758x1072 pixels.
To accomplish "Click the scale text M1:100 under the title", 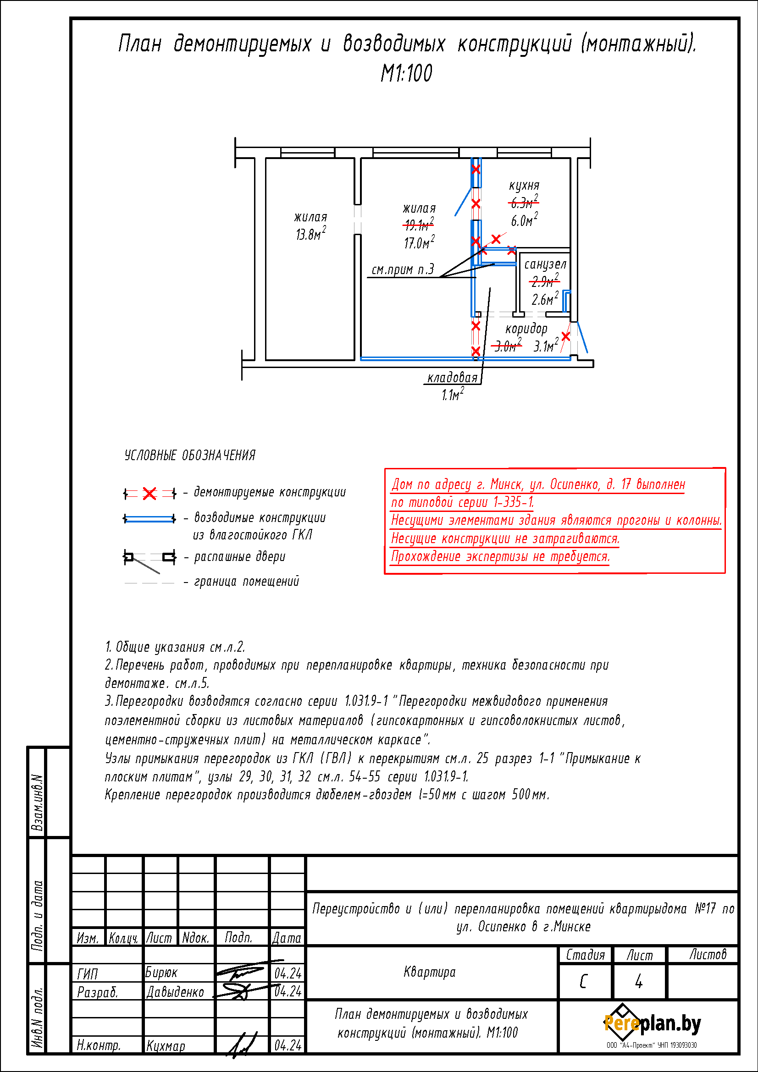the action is click(x=406, y=73).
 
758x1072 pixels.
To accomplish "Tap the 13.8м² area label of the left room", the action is click(x=310, y=233).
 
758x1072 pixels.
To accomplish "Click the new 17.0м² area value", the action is click(x=420, y=242).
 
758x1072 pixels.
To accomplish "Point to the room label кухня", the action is click(x=524, y=185).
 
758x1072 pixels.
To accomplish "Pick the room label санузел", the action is click(x=545, y=265).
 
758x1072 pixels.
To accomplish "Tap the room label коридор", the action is click(x=526, y=329).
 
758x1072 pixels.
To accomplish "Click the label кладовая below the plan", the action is click(x=452, y=378).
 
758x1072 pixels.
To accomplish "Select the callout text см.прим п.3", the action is click(x=403, y=269).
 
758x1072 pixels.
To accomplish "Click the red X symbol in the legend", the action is click(x=149, y=493).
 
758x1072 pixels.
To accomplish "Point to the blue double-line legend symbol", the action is click(x=149, y=519).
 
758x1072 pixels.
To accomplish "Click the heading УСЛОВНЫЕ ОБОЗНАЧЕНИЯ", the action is click(x=190, y=455).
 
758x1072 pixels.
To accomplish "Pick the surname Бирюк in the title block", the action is click(x=161, y=973).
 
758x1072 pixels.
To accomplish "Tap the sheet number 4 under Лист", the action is click(x=638, y=982).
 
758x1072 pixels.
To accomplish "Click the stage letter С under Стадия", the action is click(x=583, y=982).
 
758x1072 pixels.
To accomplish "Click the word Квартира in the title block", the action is click(x=429, y=973).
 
